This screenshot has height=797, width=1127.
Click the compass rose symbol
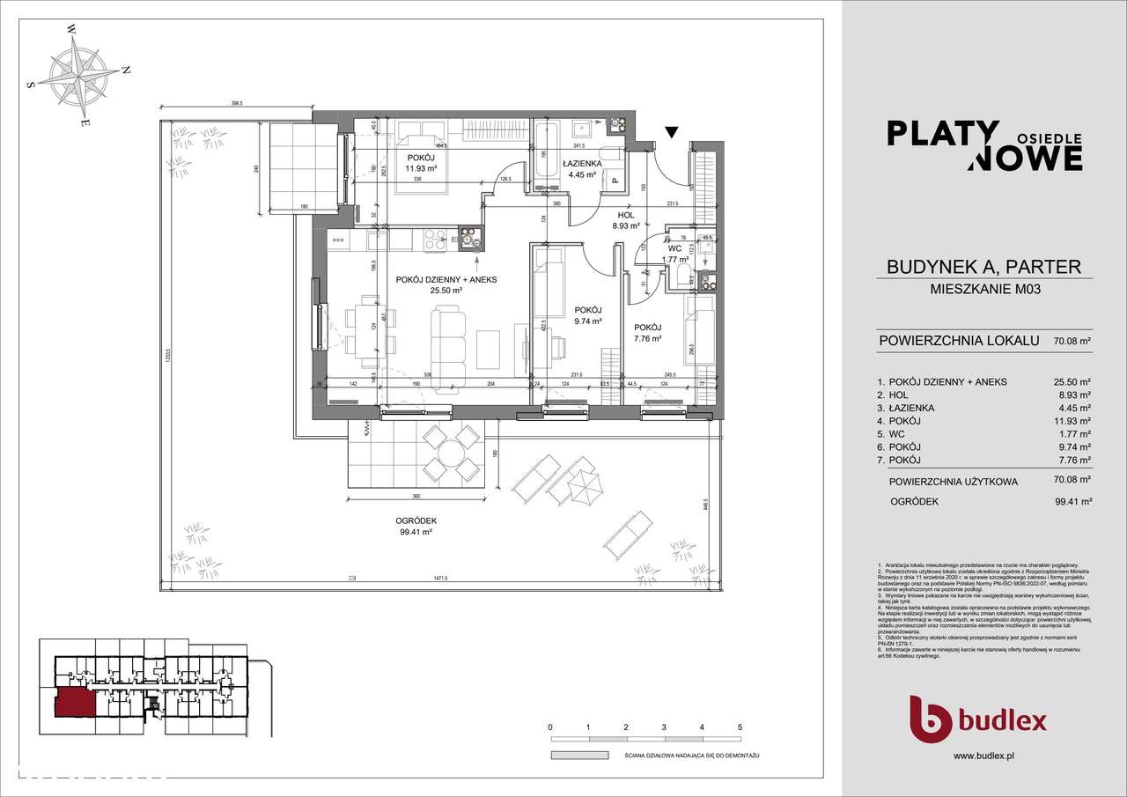point(80,75)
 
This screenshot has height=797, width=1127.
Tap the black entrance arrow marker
point(671,134)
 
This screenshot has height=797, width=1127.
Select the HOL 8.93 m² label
point(626,218)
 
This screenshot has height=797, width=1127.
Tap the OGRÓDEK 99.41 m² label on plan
point(415,527)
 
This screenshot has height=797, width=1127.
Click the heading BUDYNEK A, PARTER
point(984,266)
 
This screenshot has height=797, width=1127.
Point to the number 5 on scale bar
point(740,727)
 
